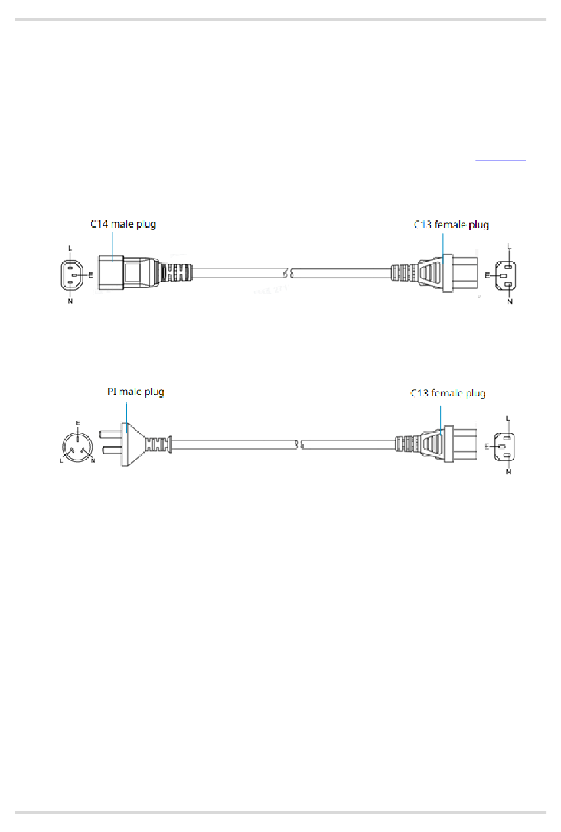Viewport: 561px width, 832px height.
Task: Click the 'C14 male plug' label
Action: point(123,225)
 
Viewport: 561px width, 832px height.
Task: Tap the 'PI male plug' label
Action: point(135,392)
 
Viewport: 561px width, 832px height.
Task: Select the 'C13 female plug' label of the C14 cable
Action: point(451,225)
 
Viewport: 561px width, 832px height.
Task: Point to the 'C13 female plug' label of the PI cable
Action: point(448,394)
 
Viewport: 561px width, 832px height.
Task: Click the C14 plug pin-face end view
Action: point(71,275)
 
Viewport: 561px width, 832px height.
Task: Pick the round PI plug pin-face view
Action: point(77,447)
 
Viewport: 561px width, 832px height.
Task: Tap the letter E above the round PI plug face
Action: point(77,423)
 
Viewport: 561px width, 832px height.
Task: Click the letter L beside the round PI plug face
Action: point(61,461)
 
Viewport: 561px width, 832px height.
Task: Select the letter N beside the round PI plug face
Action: point(93,461)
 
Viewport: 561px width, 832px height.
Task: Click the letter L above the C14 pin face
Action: point(70,248)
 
